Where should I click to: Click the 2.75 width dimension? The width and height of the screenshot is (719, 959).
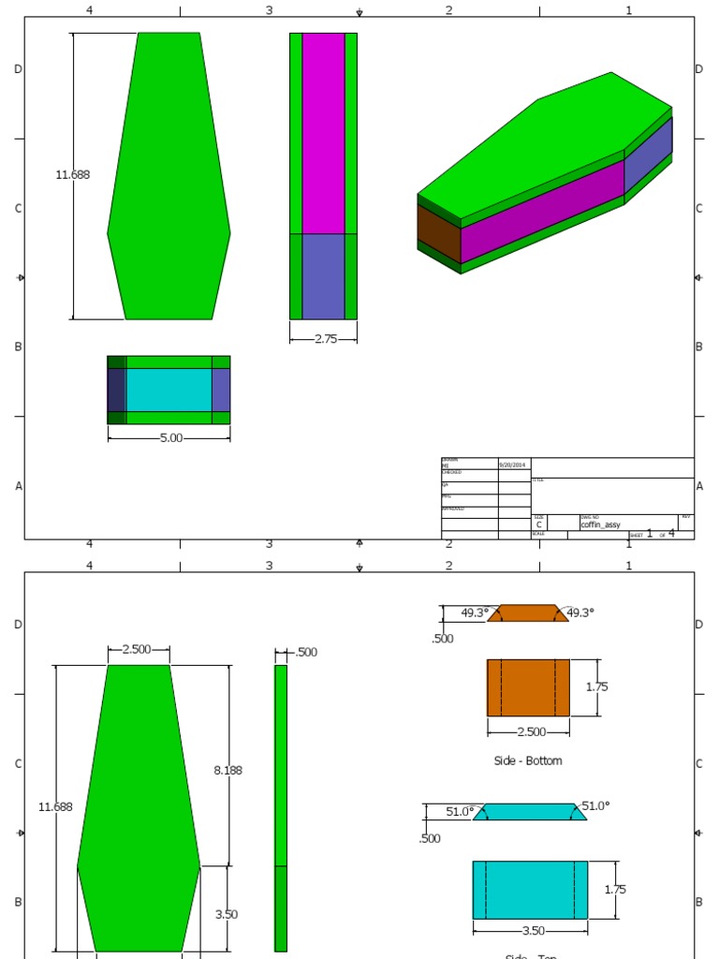(326, 339)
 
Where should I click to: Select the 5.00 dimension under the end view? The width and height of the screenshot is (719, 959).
(170, 437)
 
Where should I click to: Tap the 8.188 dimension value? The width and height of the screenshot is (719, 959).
(227, 770)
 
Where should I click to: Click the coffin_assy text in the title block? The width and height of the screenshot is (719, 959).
(601, 525)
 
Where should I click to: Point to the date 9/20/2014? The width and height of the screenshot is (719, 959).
(512, 465)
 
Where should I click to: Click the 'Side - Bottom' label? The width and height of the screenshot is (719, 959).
(528, 760)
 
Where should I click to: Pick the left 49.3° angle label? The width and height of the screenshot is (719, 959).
(474, 612)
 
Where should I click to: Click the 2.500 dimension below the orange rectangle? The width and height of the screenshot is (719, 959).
(529, 731)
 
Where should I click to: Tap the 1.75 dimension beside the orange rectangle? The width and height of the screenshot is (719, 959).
(596, 686)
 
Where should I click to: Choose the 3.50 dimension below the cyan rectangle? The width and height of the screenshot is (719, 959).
(531, 931)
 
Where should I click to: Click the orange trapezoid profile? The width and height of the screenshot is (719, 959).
(528, 613)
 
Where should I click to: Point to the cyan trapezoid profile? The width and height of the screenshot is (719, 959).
(530, 812)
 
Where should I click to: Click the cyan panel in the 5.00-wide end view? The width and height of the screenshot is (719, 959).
(169, 390)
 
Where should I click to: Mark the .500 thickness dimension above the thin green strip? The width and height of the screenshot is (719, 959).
(306, 652)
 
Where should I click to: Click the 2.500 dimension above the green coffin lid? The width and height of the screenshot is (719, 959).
(137, 649)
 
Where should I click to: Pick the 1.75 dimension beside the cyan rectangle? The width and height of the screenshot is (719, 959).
(615, 890)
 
